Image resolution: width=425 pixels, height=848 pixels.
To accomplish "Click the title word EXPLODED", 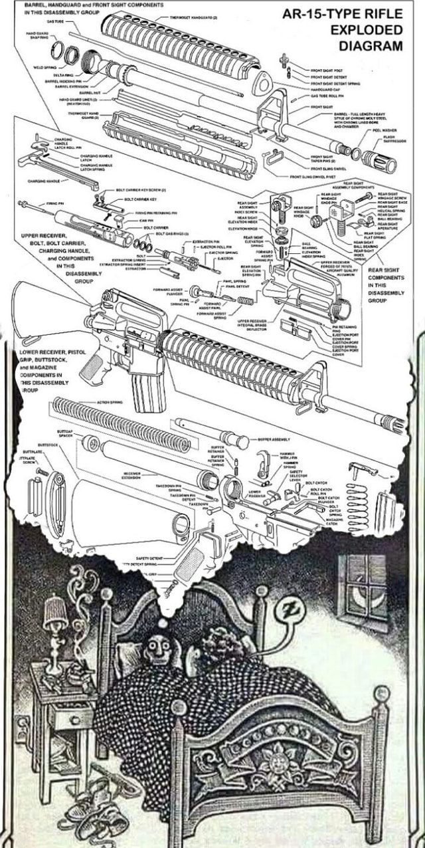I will click(366, 30).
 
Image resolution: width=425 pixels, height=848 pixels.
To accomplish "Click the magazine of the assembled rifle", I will click(141, 391).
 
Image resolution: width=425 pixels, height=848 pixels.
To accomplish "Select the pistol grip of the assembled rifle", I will click(92, 368).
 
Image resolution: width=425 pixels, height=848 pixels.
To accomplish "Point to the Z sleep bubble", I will click(289, 609).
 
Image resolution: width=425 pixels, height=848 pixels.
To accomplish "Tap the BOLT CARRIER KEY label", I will click(140, 199).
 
